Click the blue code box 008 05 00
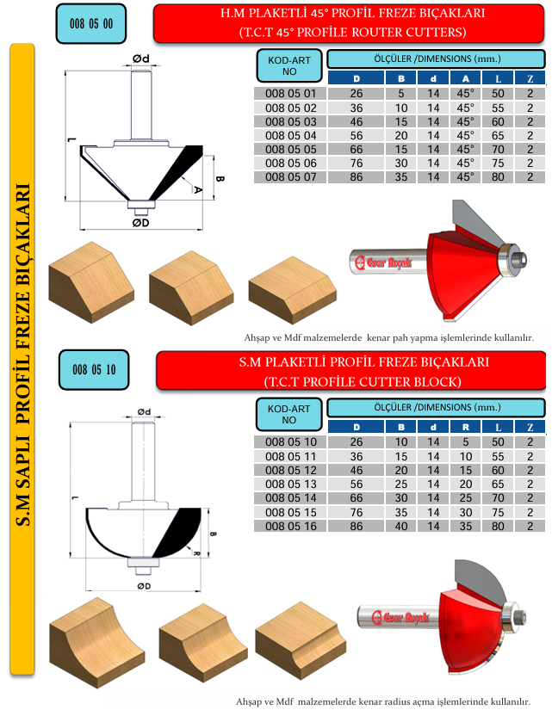tap(91, 24)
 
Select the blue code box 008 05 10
tap(94, 370)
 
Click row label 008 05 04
tap(290, 136)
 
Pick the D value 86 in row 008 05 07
tap(357, 177)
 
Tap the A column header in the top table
tap(465, 78)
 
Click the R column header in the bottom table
tap(465, 427)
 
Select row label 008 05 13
tap(290, 484)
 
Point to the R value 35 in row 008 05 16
tap(466, 526)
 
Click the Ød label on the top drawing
tap(141, 59)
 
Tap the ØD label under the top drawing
tap(140, 223)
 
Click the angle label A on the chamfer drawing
tap(197, 188)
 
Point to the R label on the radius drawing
tap(196, 553)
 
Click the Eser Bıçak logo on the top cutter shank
tap(383, 262)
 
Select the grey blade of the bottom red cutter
tap(480, 583)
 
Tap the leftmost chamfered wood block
tap(91, 282)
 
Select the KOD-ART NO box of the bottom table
tap(288, 414)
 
